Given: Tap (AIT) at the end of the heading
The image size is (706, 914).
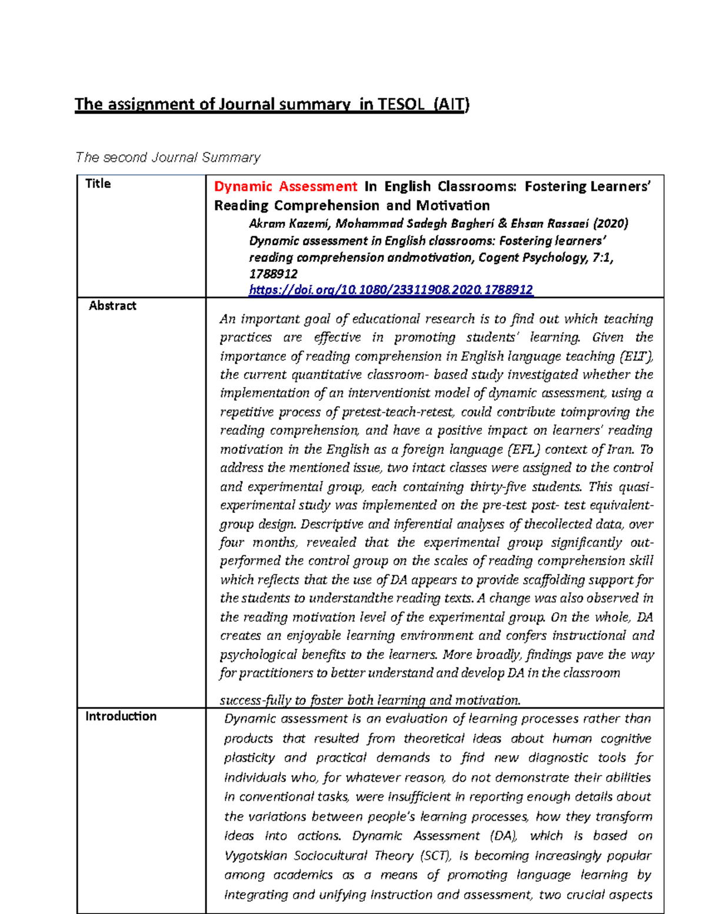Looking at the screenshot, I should point(451,104).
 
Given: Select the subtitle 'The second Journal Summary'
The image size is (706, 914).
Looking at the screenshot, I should point(168,157).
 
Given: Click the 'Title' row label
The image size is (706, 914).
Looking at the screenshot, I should point(98,184).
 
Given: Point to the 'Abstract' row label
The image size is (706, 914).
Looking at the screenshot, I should point(112,305).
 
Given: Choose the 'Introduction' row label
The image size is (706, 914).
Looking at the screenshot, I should point(121,716).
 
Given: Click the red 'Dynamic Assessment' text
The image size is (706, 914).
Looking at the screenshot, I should point(285,187).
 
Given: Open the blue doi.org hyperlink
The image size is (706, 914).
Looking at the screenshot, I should point(391,290).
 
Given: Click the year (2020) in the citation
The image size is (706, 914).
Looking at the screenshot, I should point(610,224).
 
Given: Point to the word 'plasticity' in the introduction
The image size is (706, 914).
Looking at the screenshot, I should point(250,757).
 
